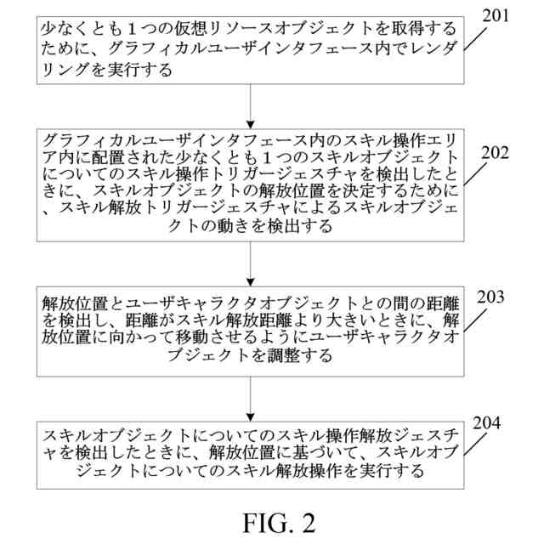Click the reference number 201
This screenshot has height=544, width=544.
[501, 15]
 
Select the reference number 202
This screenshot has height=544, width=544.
[501, 154]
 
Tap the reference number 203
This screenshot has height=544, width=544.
[501, 297]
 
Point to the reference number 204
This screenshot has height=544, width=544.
[501, 422]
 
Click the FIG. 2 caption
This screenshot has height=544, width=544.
[271, 520]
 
